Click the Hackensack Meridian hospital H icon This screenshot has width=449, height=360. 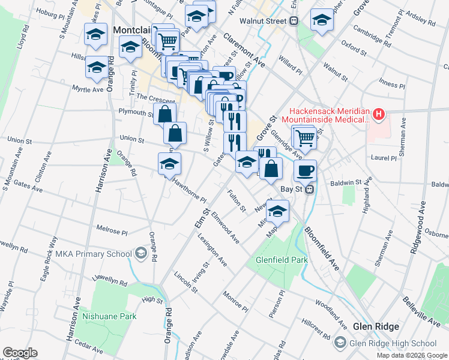click(x=378, y=113)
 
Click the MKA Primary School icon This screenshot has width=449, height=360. click(x=140, y=254)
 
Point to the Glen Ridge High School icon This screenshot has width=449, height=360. click(x=340, y=343)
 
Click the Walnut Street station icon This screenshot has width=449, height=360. click(x=294, y=21)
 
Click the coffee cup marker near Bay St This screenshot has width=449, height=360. click(x=305, y=170)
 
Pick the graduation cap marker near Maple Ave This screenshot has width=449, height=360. click(x=277, y=211)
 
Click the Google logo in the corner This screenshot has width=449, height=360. click(x=20, y=353)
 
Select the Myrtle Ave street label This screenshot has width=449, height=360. click(x=88, y=89)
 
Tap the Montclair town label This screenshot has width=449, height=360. click(x=128, y=29)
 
